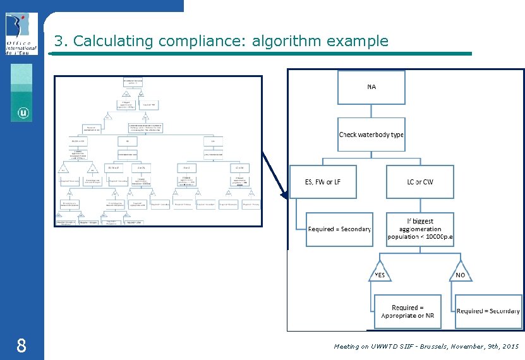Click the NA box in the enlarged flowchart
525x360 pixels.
click(371, 87)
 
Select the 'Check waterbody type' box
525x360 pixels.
click(371, 135)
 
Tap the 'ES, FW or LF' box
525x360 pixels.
click(323, 182)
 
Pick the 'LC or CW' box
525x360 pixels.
click(420, 182)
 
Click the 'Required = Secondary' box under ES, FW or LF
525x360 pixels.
click(339, 229)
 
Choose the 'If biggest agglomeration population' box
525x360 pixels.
click(420, 229)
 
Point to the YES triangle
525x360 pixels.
click(380, 272)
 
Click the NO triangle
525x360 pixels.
click(460, 272)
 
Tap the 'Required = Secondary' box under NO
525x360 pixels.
click(488, 311)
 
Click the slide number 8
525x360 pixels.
click(21, 345)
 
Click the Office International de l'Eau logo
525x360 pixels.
click(21, 33)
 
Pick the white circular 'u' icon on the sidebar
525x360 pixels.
click(23, 114)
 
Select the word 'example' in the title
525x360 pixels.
click(359, 42)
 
